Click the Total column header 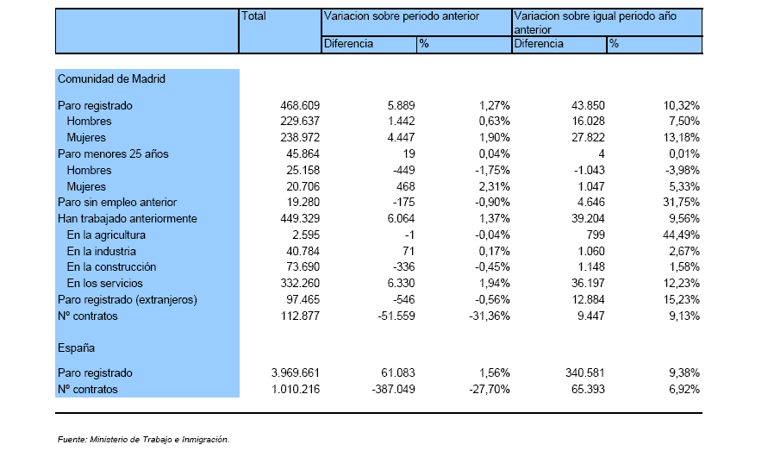click(x=253, y=16)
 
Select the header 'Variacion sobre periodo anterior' click(x=402, y=16)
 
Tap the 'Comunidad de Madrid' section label click(x=112, y=78)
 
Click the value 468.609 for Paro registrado click(x=300, y=105)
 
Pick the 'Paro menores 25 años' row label click(x=113, y=153)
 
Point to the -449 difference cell click(x=403, y=170)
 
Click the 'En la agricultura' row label click(x=106, y=235)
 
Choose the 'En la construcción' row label click(x=112, y=267)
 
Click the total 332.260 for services click(x=300, y=283)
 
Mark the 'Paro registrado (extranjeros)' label click(x=128, y=300)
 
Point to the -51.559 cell click(x=396, y=316)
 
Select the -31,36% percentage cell click(x=490, y=316)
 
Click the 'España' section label click(x=77, y=348)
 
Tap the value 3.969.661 click(x=296, y=372)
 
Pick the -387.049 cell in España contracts click(x=393, y=390)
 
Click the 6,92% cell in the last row click(x=684, y=390)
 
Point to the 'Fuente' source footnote click(x=143, y=440)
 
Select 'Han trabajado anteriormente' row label click(x=128, y=218)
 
